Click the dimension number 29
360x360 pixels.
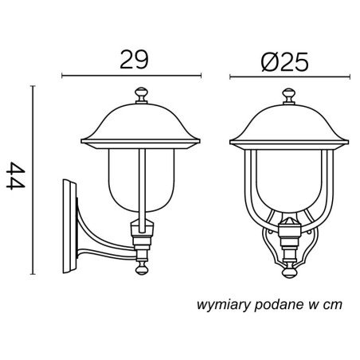point(134,60)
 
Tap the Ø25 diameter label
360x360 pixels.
point(285,62)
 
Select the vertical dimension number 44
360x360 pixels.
point(16,176)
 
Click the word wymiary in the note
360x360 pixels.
point(224,305)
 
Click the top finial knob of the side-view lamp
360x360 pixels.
point(141,96)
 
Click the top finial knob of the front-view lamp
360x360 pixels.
point(288,96)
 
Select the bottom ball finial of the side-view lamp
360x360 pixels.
point(142,268)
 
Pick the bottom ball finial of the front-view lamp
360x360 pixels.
point(289,272)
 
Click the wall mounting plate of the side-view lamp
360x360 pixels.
point(69,226)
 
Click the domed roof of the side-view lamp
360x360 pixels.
point(140,125)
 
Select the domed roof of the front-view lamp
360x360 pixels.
point(289,126)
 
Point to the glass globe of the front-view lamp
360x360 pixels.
point(289,181)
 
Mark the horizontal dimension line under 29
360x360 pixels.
point(131,76)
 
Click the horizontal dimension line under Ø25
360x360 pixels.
point(290,77)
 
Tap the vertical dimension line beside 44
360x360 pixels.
point(33,180)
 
